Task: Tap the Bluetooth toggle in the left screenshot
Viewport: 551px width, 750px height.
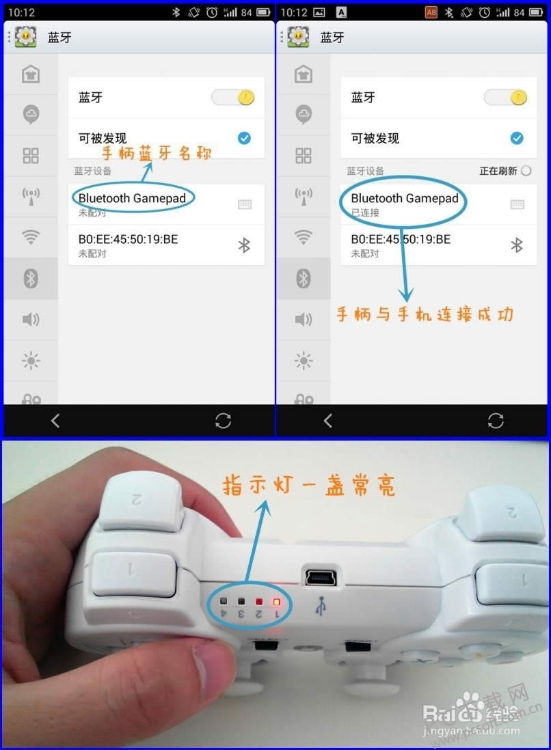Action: coord(233,97)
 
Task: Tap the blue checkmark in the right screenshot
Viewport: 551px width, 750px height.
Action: coord(517,138)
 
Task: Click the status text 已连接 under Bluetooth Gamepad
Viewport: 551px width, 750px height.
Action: coord(365,212)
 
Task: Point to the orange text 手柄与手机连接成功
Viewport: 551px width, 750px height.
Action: coord(425,314)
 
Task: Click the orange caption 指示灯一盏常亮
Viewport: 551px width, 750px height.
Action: coord(309,486)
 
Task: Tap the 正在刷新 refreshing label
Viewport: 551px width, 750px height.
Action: coord(498,171)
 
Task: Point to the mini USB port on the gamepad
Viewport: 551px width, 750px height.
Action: coord(319,577)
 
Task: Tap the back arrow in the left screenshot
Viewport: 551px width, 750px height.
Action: coord(55,421)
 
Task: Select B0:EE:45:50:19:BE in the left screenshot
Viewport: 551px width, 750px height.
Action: coord(128,239)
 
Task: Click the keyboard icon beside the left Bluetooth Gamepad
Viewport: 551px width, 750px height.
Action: coord(244,204)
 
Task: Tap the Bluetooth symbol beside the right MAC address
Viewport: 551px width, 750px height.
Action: coord(517,245)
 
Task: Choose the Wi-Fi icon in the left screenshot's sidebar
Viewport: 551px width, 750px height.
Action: coord(31,237)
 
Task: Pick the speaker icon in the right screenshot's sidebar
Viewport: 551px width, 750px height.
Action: coord(304,319)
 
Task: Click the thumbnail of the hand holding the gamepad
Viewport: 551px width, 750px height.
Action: coord(275,594)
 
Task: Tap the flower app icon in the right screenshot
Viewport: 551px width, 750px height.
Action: coord(299,37)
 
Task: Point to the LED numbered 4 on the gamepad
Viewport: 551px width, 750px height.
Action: coord(224,602)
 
